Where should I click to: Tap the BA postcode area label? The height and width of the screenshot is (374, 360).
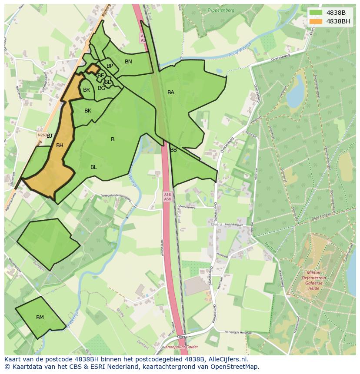click(x=171, y=93)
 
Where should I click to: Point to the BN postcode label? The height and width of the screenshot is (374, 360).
click(x=128, y=62)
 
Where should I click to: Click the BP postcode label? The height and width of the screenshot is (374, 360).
click(x=110, y=66)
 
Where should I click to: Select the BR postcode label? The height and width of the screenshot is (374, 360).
click(x=87, y=90)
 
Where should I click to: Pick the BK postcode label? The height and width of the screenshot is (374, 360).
click(x=88, y=111)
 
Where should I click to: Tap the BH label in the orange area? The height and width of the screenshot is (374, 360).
click(x=60, y=146)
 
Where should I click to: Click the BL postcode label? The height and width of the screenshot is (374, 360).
click(x=93, y=167)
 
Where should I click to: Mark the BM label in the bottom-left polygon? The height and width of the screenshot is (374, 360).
click(x=40, y=318)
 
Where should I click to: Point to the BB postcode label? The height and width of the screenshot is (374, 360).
click(x=173, y=150)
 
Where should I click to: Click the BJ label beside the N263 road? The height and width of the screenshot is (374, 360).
click(x=49, y=136)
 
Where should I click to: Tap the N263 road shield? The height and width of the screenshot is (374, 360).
click(x=42, y=135)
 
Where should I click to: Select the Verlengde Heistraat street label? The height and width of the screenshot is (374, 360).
click(x=238, y=332)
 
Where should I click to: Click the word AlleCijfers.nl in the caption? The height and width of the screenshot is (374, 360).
click(x=227, y=359)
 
